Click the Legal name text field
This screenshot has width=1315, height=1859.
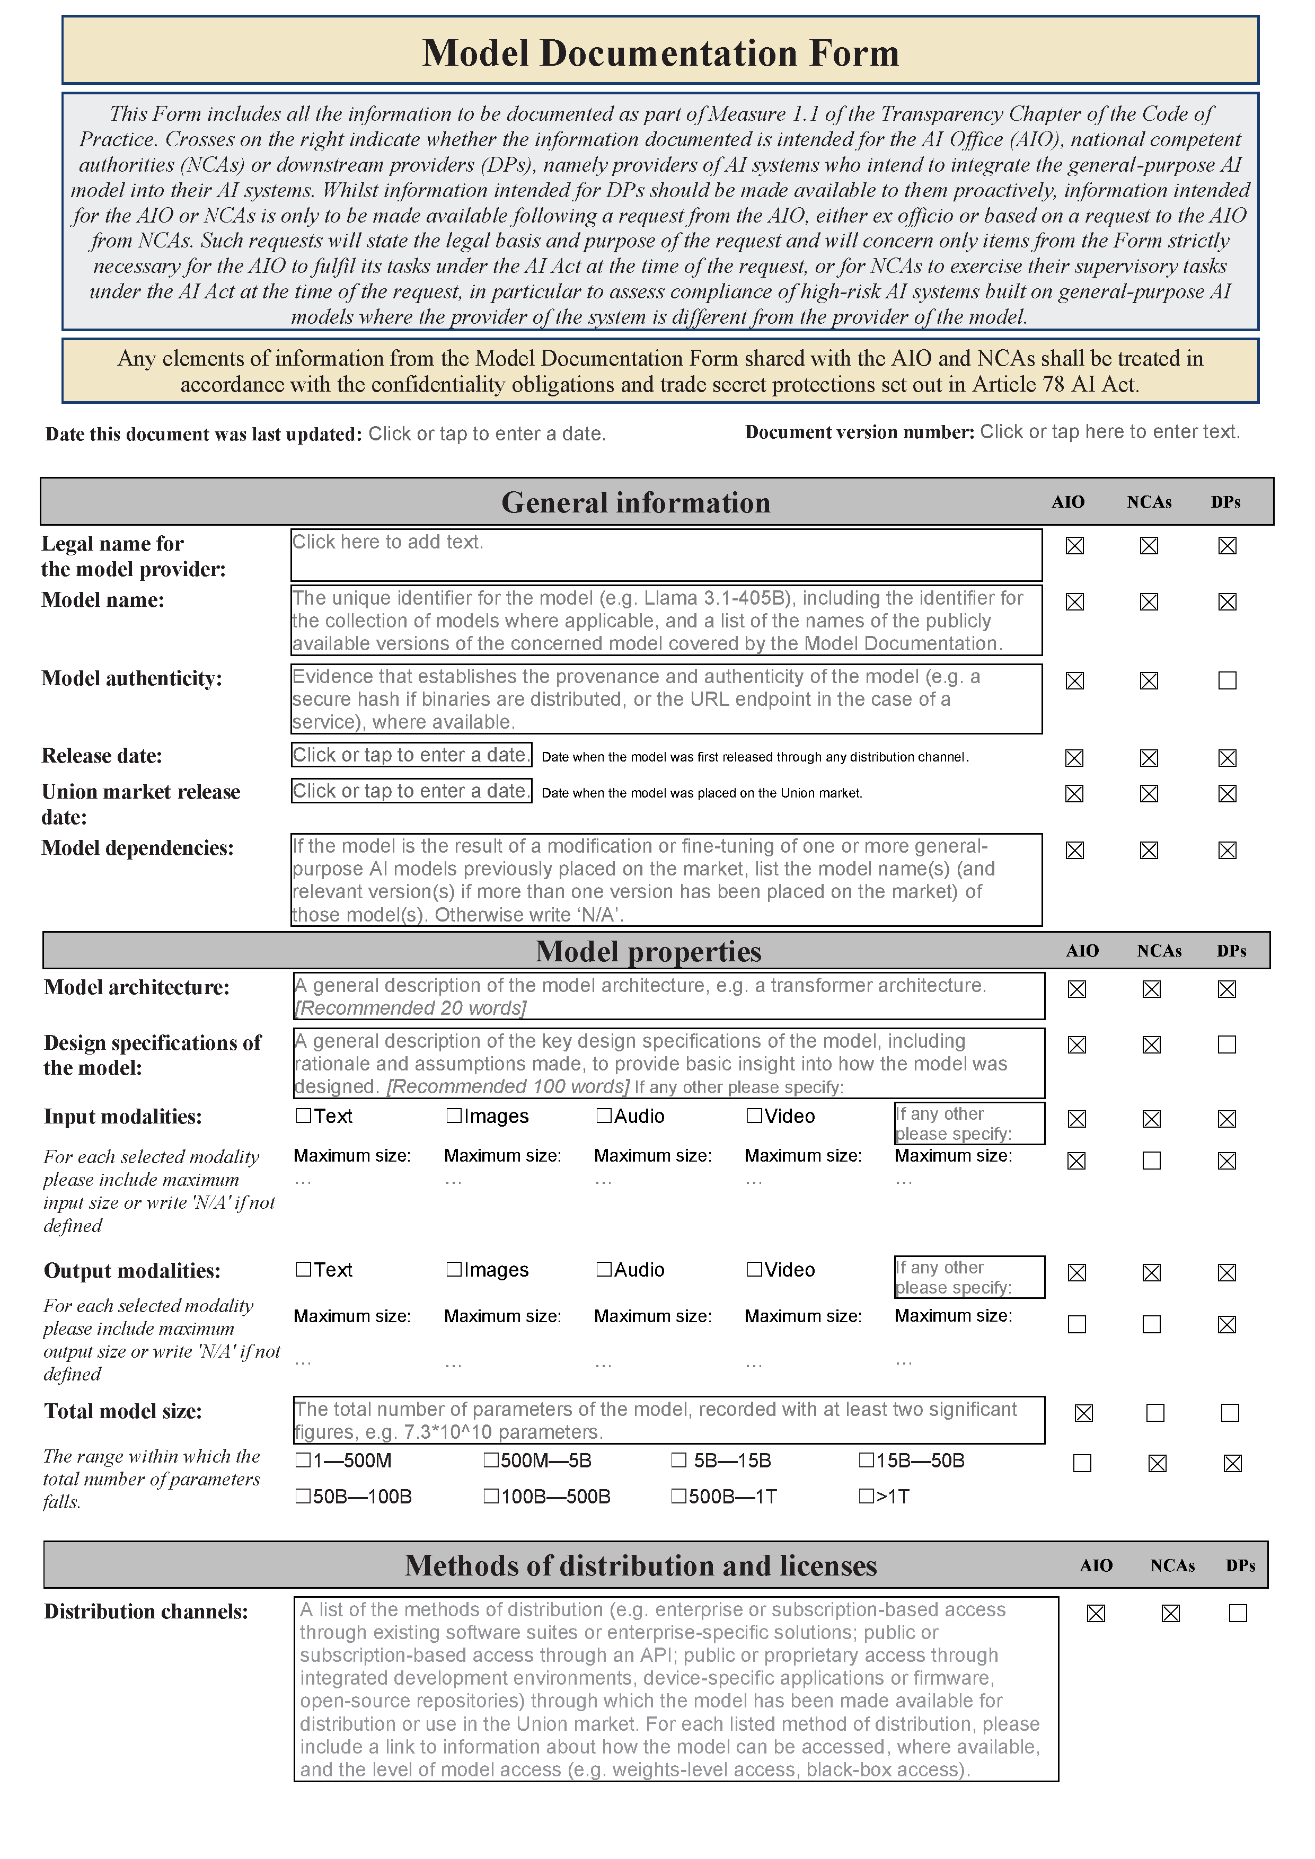coord(666,555)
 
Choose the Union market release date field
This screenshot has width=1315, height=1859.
coord(411,791)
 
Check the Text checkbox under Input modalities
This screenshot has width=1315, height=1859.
coord(304,1116)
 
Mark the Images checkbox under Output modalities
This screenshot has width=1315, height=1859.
coord(454,1270)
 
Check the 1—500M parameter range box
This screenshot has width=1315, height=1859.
coord(304,1460)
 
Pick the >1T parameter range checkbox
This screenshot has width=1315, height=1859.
coord(867,1497)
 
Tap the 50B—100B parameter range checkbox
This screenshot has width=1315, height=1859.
coord(304,1497)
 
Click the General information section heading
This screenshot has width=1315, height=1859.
coord(636,503)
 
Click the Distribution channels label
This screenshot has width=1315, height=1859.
coord(146,1611)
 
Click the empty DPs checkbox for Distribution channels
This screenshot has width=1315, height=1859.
coord(1237,1613)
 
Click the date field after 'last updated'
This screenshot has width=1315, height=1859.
coord(487,434)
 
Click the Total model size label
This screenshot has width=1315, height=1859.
coord(123,1411)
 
